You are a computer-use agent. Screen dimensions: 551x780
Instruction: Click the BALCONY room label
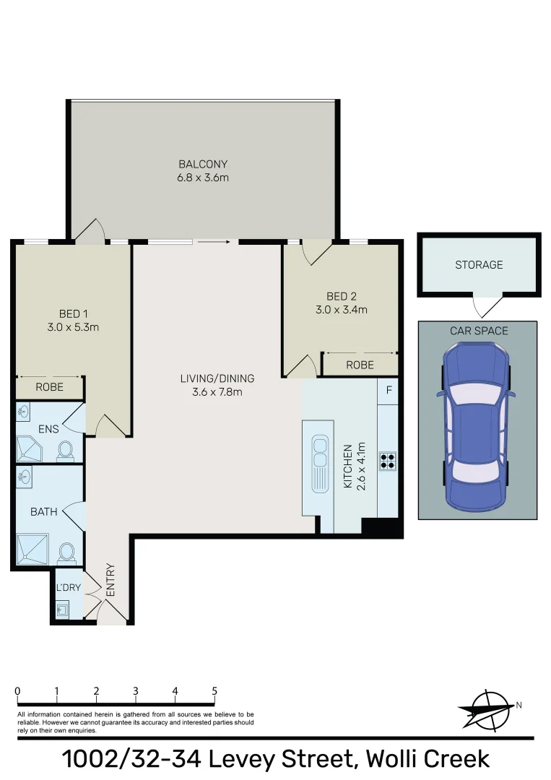[x=203, y=164]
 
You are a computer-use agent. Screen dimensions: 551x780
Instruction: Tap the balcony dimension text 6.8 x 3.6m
[x=203, y=178]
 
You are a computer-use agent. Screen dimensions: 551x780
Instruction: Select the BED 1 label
[x=73, y=314]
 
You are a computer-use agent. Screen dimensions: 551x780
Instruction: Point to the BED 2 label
[x=341, y=297]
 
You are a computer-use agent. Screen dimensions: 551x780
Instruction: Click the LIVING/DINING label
[x=217, y=378]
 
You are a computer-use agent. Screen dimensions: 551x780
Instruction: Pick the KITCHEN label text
[x=348, y=466]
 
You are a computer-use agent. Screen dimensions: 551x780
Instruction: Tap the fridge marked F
[x=389, y=391]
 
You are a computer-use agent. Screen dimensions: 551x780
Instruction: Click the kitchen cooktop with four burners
[x=388, y=461]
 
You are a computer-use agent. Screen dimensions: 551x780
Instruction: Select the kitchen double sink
[x=318, y=463]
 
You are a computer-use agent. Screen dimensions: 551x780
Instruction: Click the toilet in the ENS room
[x=65, y=451]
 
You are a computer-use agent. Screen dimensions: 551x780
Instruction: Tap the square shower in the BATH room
[x=32, y=549]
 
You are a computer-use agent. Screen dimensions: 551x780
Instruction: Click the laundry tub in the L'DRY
[x=62, y=610]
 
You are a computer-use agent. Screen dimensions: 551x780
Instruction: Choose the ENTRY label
[x=110, y=580]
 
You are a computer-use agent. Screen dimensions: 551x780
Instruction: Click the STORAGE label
[x=479, y=265]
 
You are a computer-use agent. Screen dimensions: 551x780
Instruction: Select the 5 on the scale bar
[x=214, y=691]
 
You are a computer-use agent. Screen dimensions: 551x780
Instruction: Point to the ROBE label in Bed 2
[x=360, y=365]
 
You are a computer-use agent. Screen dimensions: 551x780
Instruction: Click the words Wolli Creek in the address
[x=428, y=759]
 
